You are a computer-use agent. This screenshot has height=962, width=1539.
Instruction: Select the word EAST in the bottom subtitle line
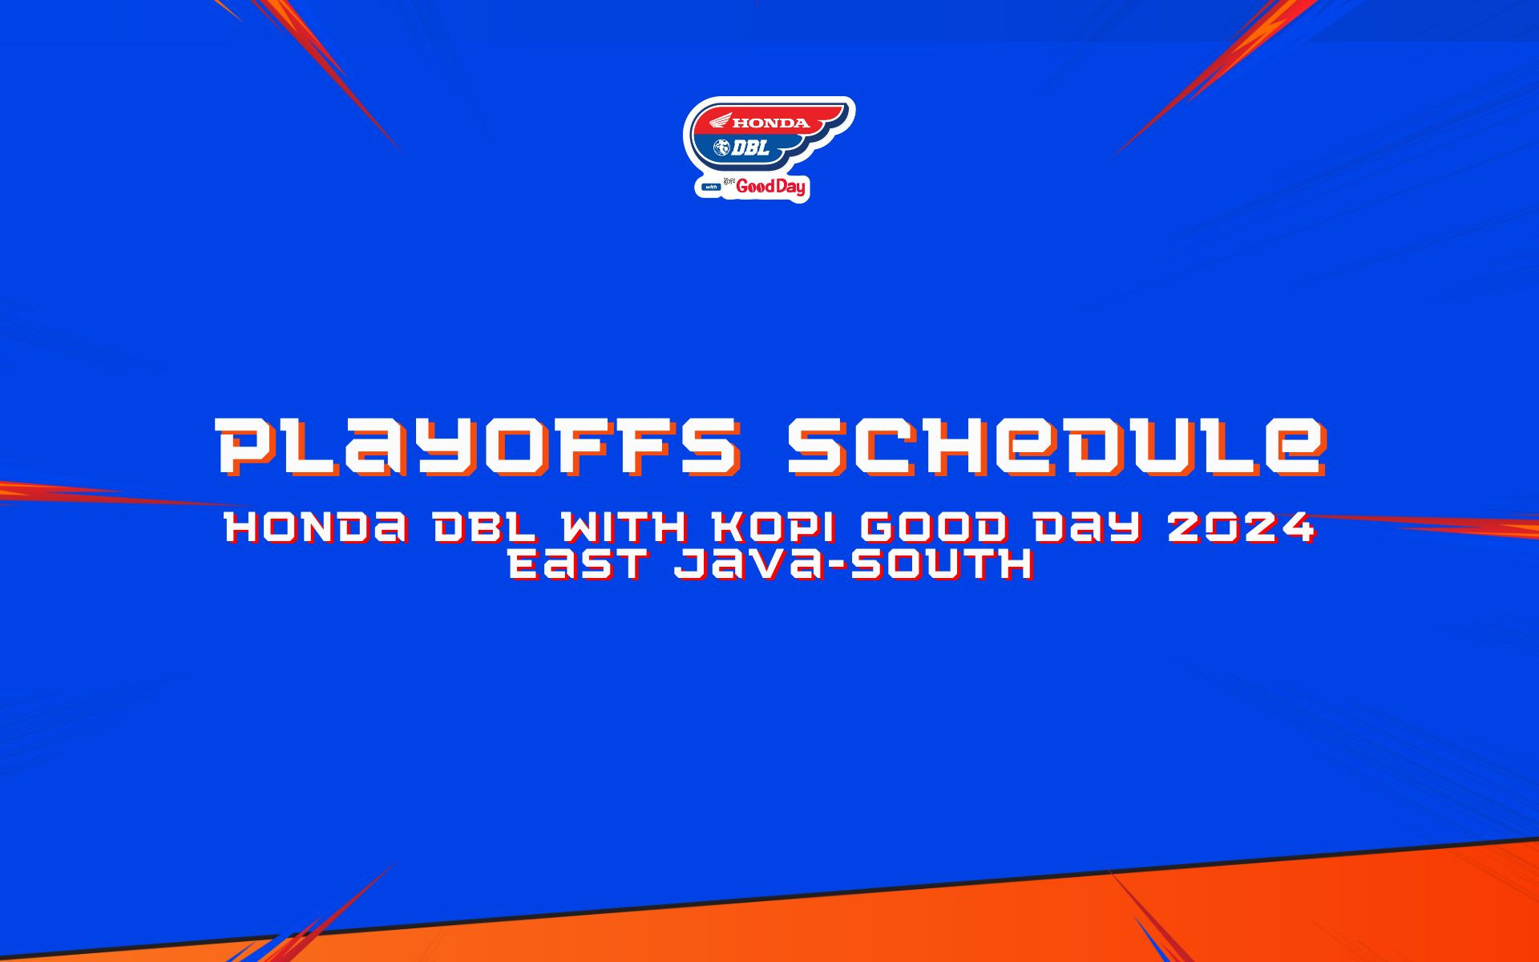coord(579,565)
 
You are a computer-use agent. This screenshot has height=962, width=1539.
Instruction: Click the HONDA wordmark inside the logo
coord(771,123)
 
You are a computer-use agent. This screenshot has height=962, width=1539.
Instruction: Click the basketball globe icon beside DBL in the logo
coord(721,148)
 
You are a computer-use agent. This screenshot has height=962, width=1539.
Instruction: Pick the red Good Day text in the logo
coord(771,188)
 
